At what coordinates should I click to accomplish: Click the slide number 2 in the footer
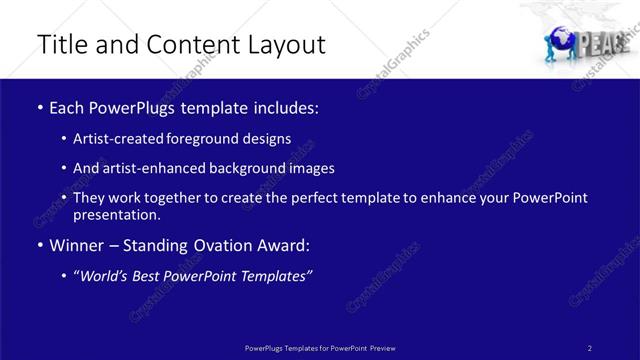pos(590,347)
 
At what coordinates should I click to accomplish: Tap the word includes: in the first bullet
pos(284,106)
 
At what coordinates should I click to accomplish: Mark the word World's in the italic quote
pos(107,275)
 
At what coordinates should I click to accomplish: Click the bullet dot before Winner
pos(39,245)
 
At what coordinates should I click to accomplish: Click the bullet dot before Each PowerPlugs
pos(39,106)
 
